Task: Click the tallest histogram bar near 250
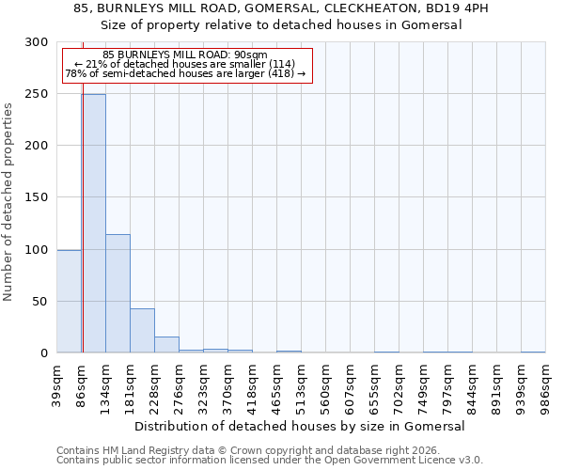(93, 224)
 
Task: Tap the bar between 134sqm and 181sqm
(117, 293)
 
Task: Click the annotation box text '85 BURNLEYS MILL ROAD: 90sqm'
(185, 55)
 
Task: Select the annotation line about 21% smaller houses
(185, 64)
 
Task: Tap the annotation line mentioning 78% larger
(185, 73)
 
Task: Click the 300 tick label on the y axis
(37, 42)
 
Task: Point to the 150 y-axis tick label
(37, 197)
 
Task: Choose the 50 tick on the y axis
(40, 302)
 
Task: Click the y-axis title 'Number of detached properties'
(9, 202)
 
